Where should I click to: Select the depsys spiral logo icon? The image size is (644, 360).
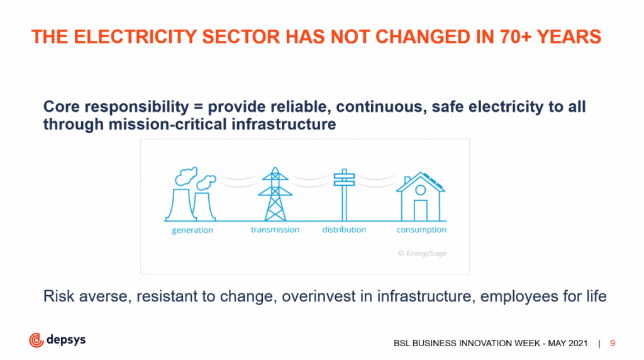[x=36, y=340]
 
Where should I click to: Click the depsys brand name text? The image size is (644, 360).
[x=66, y=340]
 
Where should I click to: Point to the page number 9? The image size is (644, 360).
[x=613, y=343]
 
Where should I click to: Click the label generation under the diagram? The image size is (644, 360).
[x=192, y=230]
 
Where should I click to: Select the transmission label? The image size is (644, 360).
[x=275, y=230]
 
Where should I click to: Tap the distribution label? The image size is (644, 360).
[x=344, y=230]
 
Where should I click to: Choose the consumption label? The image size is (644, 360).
[x=421, y=230]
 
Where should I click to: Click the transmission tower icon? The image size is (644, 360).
[x=275, y=194]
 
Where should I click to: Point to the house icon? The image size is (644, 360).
[x=421, y=196]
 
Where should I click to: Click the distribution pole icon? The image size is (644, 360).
[x=344, y=195]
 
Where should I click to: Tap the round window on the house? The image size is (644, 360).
[x=420, y=190]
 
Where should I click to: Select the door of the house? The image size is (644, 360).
[x=420, y=210]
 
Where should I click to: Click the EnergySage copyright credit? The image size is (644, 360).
[x=422, y=254]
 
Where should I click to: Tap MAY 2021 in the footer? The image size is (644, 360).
[x=568, y=343]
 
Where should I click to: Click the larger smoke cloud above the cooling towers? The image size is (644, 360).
[x=186, y=176]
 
